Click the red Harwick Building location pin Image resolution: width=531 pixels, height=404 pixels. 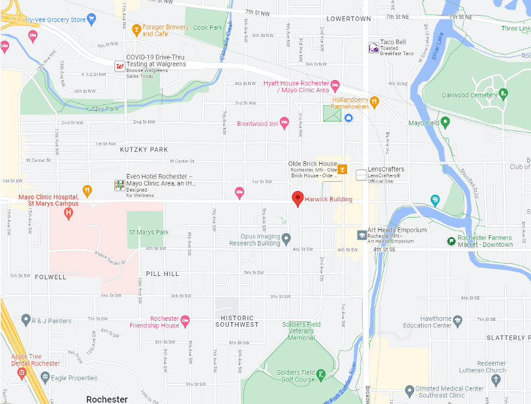tap(298, 199)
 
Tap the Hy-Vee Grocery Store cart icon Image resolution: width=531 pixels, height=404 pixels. tap(91, 19)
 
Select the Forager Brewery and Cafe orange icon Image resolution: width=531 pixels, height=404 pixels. tap(136, 29)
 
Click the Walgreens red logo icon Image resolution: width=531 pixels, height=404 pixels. tap(120, 65)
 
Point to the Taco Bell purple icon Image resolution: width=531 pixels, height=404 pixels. tap(373, 47)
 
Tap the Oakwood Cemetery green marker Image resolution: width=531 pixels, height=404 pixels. tap(503, 95)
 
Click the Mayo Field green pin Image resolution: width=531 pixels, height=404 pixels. tap(445, 122)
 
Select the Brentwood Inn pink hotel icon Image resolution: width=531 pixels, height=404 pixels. tap(284, 123)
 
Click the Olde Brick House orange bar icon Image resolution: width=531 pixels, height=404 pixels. tap(343, 170)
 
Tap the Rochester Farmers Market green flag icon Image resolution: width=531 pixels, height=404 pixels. tap(450, 241)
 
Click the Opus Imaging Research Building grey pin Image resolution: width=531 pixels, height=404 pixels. tap(285, 240)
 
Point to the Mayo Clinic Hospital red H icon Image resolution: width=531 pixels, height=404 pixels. tap(70, 212)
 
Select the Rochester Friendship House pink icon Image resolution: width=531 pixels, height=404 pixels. tap(185, 320)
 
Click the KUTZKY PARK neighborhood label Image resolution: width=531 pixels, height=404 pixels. tap(144, 149)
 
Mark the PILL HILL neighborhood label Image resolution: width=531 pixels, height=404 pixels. tap(162, 274)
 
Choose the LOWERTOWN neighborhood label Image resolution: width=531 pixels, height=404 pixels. tap(348, 19)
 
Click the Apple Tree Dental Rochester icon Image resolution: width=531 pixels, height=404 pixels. tap(21, 372)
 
